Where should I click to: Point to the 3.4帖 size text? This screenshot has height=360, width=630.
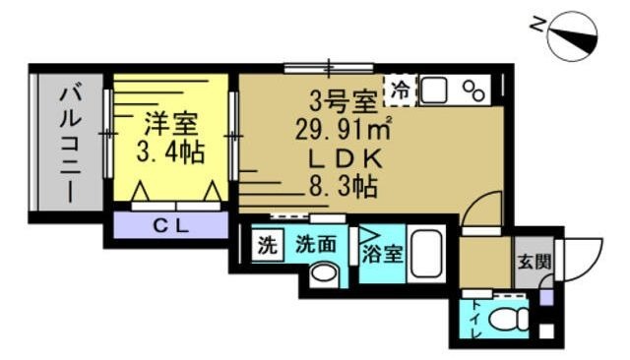pos(170,153)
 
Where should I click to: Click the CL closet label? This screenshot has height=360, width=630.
pos(170,224)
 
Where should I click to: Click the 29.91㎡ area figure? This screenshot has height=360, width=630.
pos(345,128)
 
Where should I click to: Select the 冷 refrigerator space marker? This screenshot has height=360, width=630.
pos(400,90)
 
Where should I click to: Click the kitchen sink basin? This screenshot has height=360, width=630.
pos(434,90)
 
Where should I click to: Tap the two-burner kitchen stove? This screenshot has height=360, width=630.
pos(473,90)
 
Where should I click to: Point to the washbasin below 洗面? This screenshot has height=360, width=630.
pos(321,274)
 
